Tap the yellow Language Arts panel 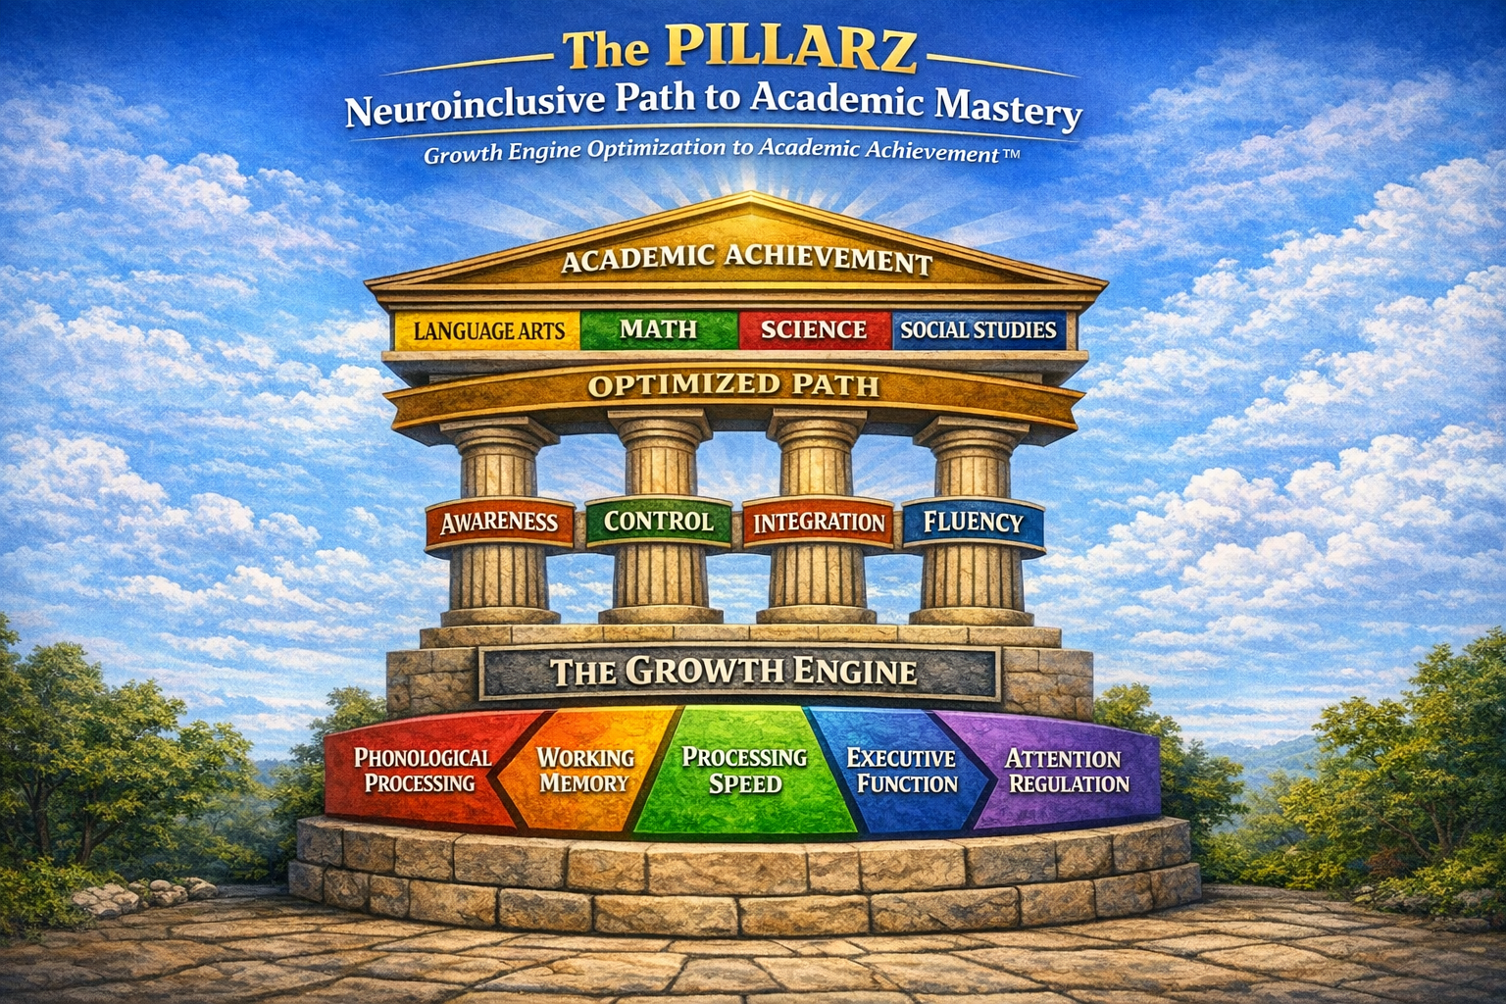click(488, 330)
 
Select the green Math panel click(658, 329)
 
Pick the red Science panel click(814, 329)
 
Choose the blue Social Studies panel click(978, 330)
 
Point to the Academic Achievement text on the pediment click(746, 260)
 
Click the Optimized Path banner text click(733, 385)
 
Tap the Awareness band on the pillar click(498, 523)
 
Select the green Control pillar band click(658, 522)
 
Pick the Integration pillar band click(819, 523)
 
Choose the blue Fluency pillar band click(973, 523)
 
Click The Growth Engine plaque click(734, 672)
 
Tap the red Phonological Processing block click(422, 771)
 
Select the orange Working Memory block click(585, 771)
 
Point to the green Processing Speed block click(745, 771)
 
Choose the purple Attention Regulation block click(1067, 771)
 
